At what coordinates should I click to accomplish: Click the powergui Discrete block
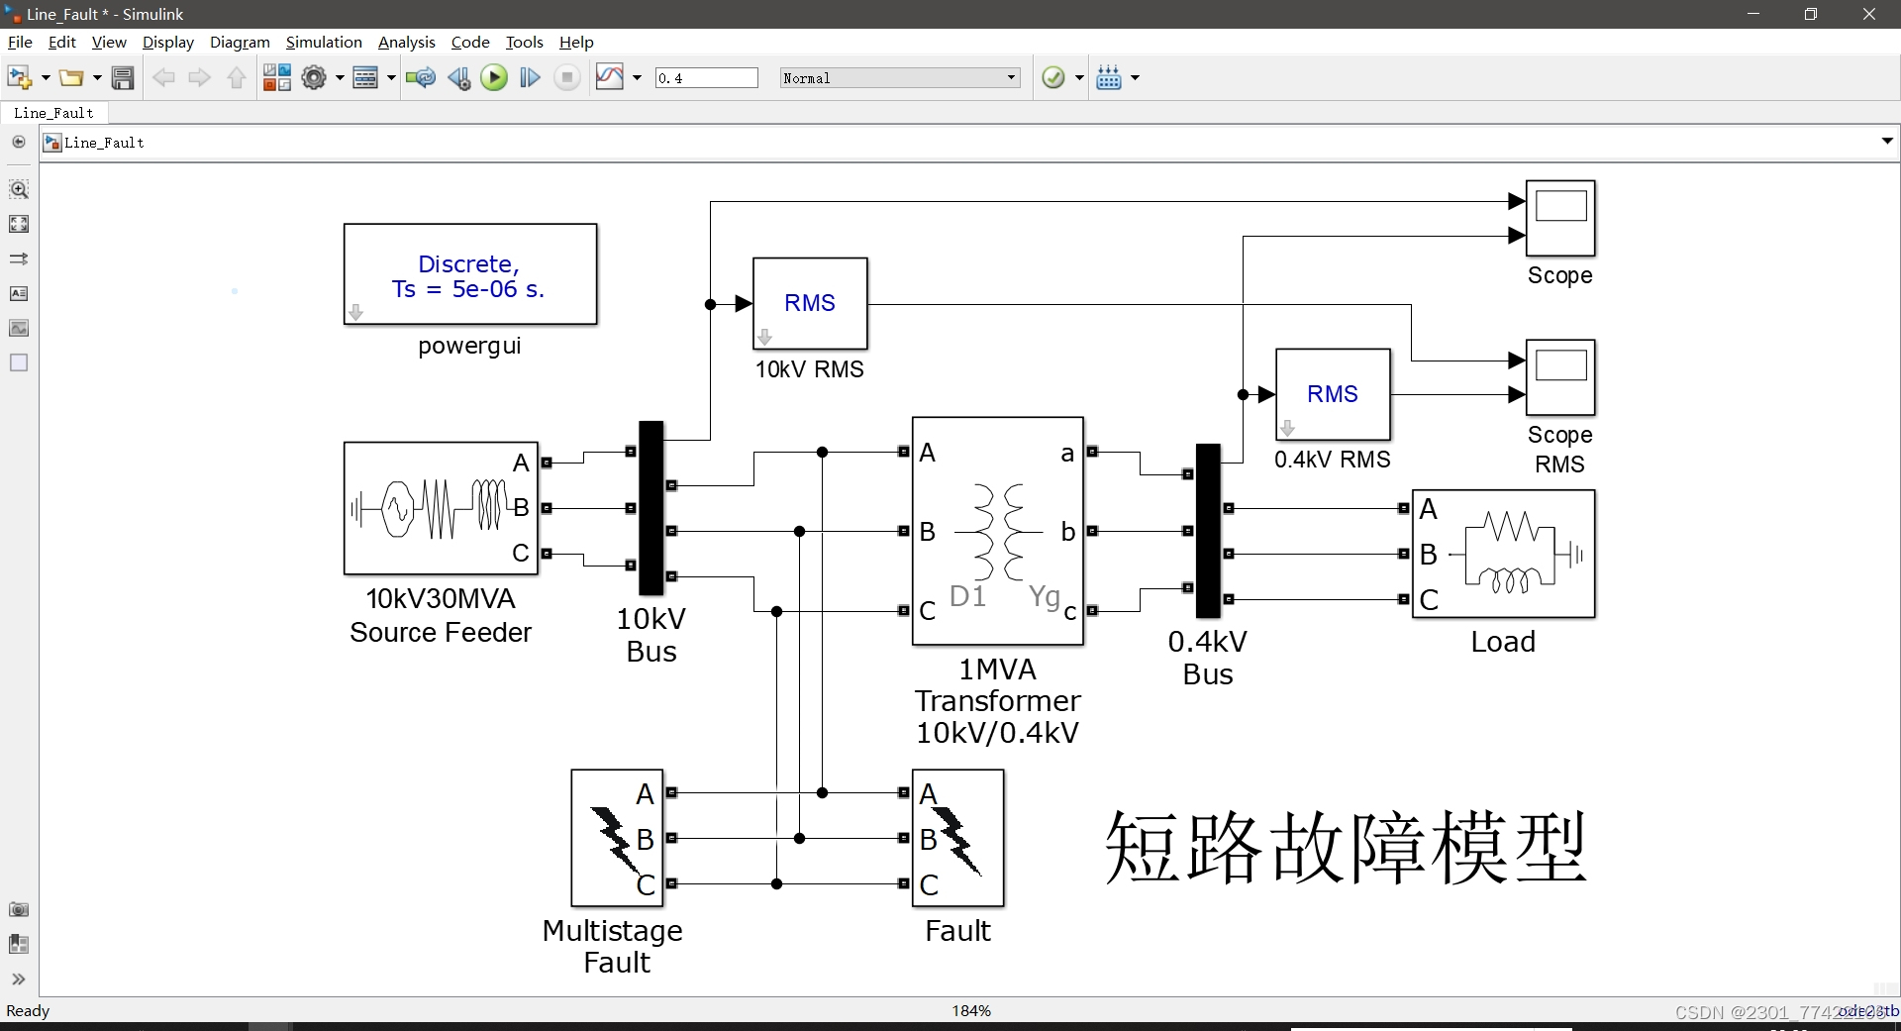click(470, 274)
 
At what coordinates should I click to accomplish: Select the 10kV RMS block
click(810, 303)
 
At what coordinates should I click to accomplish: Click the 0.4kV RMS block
click(1333, 394)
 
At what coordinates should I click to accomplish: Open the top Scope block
click(1560, 218)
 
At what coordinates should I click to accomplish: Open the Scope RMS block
click(1560, 377)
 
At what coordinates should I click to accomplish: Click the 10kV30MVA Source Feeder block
click(441, 508)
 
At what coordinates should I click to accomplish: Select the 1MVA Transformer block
click(997, 531)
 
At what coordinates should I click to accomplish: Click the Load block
click(1503, 554)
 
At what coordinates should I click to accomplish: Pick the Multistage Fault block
click(617, 838)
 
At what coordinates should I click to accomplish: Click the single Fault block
click(957, 838)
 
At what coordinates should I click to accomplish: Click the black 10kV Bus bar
click(650, 508)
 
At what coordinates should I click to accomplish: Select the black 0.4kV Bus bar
click(1208, 531)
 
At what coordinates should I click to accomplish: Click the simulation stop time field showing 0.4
click(706, 78)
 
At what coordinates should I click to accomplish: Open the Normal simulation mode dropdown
click(899, 78)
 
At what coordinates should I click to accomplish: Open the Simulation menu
click(324, 42)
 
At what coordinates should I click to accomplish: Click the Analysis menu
click(406, 42)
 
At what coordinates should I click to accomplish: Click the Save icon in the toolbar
click(123, 78)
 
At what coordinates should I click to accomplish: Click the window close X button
click(1869, 14)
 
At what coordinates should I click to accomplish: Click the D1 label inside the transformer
click(967, 596)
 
